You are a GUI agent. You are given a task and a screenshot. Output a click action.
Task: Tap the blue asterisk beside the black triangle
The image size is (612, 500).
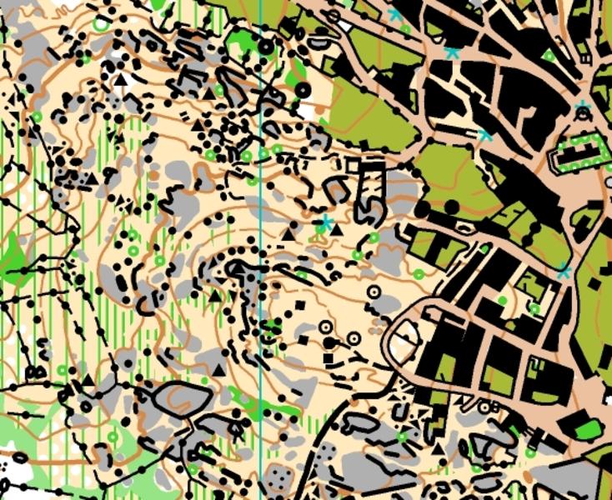325,222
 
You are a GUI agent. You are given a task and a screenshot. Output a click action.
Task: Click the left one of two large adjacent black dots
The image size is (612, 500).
427,207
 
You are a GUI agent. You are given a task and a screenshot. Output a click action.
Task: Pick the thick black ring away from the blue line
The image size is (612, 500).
303,87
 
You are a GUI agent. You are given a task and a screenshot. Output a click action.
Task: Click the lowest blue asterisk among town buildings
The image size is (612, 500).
564,271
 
